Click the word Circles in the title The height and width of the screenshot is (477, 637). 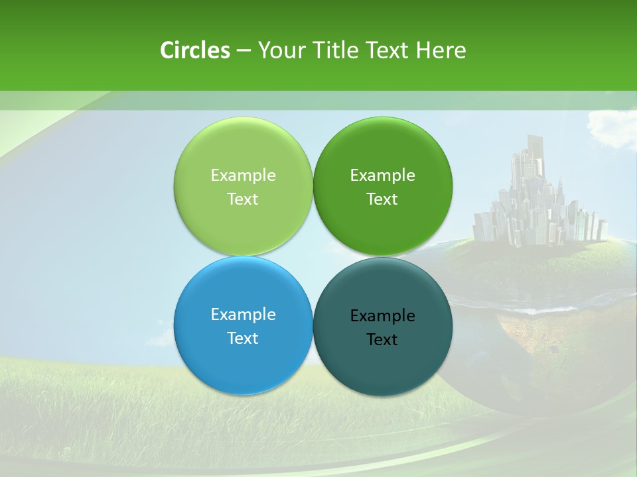tap(195, 50)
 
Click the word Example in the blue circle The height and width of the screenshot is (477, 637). tap(243, 315)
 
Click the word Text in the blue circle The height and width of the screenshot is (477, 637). tap(243, 339)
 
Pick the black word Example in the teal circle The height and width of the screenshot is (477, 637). tap(382, 316)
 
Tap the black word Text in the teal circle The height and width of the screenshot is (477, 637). tap(382, 340)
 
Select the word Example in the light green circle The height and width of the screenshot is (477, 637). tap(243, 176)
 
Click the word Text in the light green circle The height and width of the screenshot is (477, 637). tap(243, 199)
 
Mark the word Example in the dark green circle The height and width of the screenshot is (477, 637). tap(382, 176)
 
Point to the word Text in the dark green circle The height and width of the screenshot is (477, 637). tap(382, 199)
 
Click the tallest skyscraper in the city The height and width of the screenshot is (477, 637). tap(535, 159)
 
